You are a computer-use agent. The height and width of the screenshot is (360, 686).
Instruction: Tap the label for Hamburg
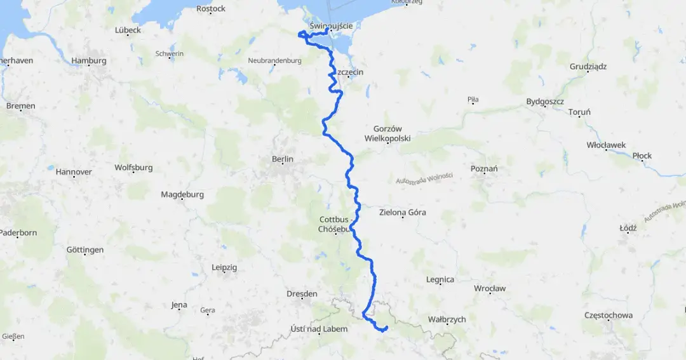coord(89,61)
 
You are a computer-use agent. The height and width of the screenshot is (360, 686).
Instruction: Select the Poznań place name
coord(484,168)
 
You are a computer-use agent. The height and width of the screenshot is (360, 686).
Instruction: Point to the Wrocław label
coord(490,288)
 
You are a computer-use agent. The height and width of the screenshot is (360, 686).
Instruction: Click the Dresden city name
coord(302,294)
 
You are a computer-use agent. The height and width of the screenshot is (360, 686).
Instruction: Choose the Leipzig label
coord(224,268)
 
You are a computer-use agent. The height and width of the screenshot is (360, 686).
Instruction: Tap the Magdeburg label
coord(182,194)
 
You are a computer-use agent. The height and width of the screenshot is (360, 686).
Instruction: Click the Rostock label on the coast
coord(211,9)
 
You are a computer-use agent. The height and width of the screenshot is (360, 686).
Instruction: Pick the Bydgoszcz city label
coord(545,102)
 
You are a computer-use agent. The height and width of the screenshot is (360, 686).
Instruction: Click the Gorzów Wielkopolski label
coord(387,133)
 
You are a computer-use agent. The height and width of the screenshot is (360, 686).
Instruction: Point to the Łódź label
coord(628,227)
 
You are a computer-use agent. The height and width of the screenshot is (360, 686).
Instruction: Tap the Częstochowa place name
coord(609,315)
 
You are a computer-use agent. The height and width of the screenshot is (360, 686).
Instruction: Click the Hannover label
coord(74,172)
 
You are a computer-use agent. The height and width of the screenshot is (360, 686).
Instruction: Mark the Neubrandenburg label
coord(274,61)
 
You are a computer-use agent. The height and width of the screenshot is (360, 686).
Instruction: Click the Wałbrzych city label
coord(448,319)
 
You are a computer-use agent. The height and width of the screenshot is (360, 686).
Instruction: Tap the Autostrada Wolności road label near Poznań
coord(424,179)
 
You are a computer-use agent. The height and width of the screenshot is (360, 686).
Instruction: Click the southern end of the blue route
coord(387,327)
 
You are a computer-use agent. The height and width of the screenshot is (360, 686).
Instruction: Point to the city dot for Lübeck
coord(130,35)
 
